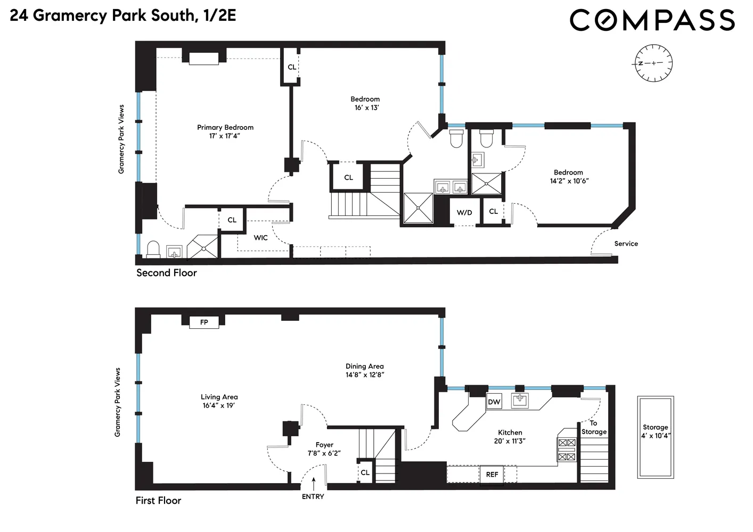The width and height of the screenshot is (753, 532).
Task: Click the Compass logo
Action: [x=652, y=20]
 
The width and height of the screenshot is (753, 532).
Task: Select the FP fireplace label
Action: [x=204, y=322]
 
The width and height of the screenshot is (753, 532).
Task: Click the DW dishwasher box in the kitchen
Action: [x=494, y=402]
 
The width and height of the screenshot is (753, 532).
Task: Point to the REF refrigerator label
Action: [x=492, y=474]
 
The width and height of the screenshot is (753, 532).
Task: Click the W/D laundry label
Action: [x=464, y=212]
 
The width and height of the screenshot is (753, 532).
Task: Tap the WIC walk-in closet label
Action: [x=260, y=237]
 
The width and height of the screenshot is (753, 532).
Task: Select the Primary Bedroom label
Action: [x=225, y=127]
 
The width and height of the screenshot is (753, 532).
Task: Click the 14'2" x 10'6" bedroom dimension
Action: [x=569, y=181]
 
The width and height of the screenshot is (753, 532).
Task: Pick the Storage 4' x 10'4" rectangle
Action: [x=656, y=437]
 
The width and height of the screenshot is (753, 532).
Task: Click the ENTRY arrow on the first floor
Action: [x=314, y=484]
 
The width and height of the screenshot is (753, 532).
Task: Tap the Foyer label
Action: [x=324, y=445]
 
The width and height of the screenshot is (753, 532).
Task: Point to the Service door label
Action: [x=626, y=244]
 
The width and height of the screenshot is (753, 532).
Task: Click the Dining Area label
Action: [x=364, y=366]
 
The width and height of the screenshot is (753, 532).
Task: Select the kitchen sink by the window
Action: [x=520, y=400]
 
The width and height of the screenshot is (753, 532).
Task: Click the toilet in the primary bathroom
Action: [x=153, y=250]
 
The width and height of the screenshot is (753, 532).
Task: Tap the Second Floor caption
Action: [x=167, y=273]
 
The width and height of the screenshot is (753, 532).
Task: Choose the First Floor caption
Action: [x=158, y=501]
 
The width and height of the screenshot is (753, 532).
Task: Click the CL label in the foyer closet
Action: [x=365, y=472]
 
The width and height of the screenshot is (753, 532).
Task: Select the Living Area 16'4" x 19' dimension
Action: [x=219, y=405]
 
